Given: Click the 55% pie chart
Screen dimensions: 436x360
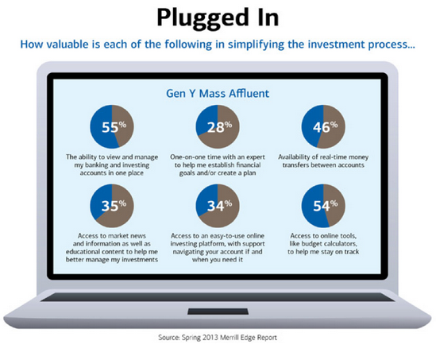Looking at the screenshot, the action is point(112,126).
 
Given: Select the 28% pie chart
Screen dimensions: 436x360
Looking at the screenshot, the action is point(218,126).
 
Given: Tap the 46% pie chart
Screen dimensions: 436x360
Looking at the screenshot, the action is point(323,126).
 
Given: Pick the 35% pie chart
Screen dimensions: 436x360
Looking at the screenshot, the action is point(112,206).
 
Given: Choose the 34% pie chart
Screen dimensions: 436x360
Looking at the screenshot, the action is point(218,206).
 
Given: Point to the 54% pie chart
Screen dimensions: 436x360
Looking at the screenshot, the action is point(323,206).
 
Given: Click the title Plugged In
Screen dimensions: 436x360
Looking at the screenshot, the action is point(218,17).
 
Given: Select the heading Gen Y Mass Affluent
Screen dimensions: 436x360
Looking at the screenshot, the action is point(218,93).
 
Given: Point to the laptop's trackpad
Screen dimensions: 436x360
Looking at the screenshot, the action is point(218,312).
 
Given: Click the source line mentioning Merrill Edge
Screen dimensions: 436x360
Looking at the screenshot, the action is point(218,338).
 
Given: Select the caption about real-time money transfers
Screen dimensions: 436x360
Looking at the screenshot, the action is point(323,161).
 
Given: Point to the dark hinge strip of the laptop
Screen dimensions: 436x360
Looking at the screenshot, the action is point(218,297).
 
